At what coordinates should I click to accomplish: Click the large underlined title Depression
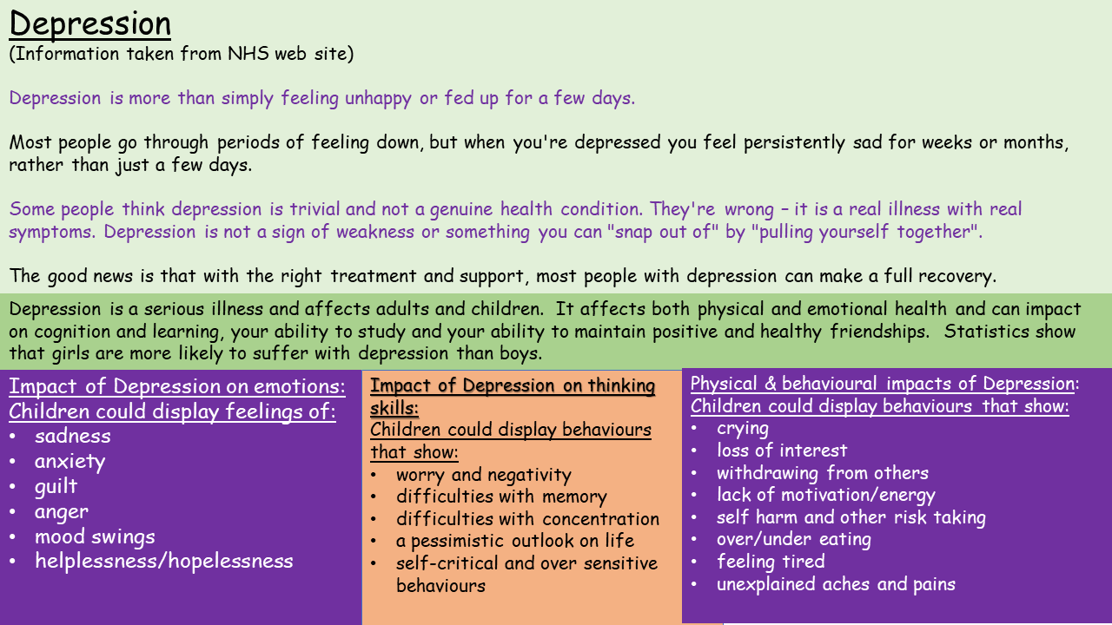(89, 23)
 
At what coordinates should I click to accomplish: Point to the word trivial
(314, 209)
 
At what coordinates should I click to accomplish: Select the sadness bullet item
(72, 436)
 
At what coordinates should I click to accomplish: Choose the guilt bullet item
(56, 487)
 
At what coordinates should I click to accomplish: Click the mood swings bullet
(95, 536)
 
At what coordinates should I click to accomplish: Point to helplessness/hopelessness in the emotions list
(164, 561)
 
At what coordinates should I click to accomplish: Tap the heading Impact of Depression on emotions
(176, 386)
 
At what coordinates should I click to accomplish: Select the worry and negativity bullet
(484, 475)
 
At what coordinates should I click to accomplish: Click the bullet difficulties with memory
(501, 497)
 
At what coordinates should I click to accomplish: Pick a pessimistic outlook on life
(515, 541)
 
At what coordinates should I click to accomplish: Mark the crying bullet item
(742, 429)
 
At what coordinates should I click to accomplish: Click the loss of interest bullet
(781, 451)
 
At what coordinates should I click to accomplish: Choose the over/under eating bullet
(793, 540)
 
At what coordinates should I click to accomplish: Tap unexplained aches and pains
(836, 584)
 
